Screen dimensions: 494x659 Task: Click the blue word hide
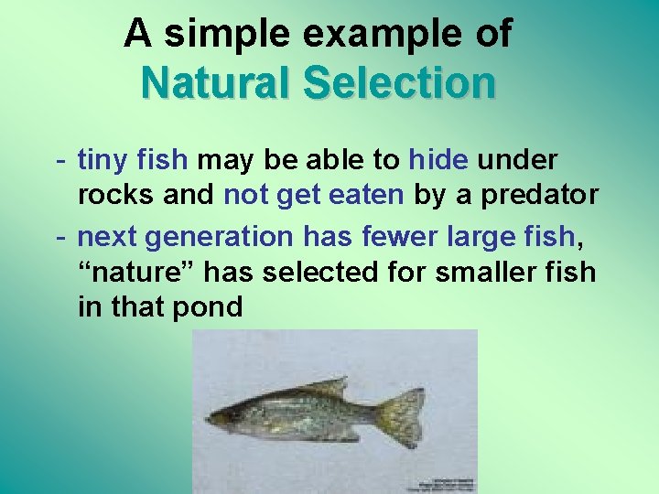click(438, 161)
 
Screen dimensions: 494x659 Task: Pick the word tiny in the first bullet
click(104, 161)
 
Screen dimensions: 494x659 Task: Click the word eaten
click(368, 195)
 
